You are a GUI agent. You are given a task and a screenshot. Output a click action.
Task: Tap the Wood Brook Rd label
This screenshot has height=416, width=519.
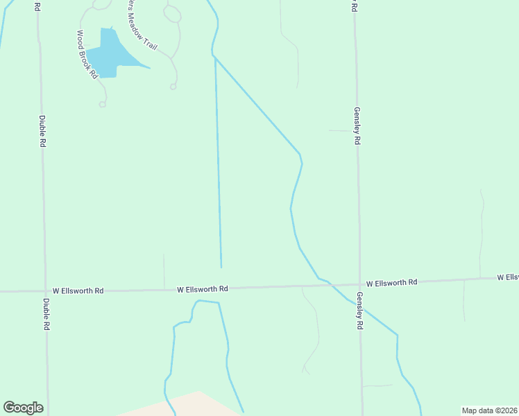tap(86, 55)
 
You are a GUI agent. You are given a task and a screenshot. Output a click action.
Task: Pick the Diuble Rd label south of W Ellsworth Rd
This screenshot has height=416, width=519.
tap(46, 314)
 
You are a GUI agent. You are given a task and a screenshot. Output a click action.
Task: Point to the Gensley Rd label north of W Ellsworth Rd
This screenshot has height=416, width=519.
tap(357, 125)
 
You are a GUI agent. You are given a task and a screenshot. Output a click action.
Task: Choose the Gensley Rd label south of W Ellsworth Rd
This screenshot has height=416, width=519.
tap(360, 309)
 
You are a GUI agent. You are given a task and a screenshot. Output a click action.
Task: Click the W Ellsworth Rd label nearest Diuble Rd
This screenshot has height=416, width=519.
tap(78, 291)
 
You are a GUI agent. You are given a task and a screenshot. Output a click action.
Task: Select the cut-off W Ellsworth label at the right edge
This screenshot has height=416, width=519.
tap(507, 277)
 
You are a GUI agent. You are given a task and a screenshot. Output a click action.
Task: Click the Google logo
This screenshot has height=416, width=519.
tap(23, 408)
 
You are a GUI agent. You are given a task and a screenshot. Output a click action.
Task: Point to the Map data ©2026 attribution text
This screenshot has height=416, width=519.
tap(488, 410)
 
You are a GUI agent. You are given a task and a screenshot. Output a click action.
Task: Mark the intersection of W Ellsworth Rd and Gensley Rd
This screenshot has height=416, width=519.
tap(359, 284)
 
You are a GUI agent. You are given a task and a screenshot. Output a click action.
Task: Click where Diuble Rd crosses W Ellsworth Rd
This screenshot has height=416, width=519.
tap(45, 291)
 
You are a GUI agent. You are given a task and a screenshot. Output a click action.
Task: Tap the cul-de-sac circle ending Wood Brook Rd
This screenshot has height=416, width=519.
tap(102, 105)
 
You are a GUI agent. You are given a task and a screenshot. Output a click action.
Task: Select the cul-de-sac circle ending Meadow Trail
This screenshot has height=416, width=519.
tap(173, 87)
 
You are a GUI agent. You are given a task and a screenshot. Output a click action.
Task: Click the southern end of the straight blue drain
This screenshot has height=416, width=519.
tap(221, 267)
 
